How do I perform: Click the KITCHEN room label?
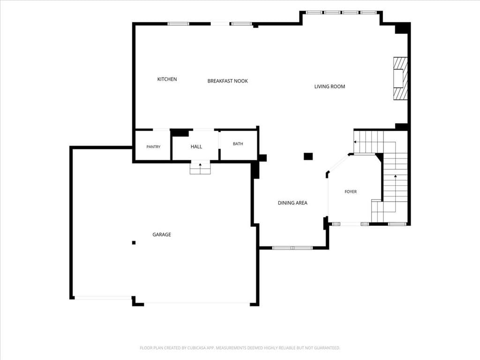[167, 79]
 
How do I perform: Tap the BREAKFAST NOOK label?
[227, 81]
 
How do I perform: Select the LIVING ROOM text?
[330, 87]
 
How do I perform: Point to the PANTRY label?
[153, 147]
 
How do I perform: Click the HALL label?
[196, 147]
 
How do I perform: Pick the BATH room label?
[238, 144]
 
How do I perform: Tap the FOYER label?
[351, 192]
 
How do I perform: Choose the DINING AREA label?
[292, 203]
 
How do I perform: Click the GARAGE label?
[162, 234]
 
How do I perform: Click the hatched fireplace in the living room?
[400, 78]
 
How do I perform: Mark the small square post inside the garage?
[134, 243]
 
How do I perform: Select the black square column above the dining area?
[308, 157]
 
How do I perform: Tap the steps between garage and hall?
[200, 168]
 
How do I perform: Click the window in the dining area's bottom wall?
[292, 247]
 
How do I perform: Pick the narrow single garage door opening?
[103, 297]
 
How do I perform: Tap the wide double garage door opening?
[197, 304]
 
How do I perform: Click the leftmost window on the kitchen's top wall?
[179, 24]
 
